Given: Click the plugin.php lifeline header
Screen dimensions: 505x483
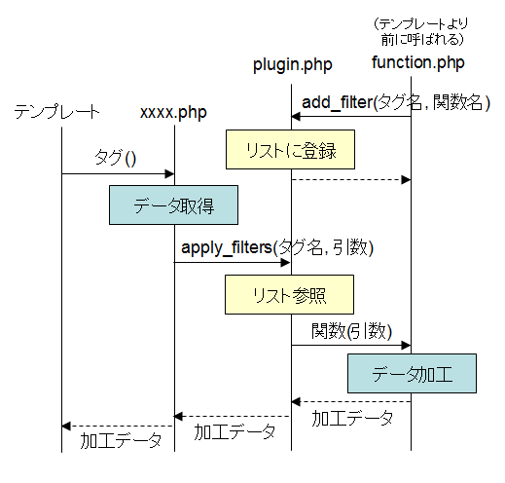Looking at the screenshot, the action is coord(293,65).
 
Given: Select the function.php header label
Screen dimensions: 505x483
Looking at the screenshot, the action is coord(418,62).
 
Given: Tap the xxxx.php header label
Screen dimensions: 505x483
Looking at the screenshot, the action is coord(173,113).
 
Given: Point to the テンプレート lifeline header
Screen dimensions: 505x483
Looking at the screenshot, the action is coord(56,111).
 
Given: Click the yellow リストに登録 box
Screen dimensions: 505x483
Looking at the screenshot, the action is coord(290,150).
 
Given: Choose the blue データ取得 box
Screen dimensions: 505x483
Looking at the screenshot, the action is coord(173,205).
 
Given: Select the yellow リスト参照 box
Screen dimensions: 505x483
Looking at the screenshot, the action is coord(289,295).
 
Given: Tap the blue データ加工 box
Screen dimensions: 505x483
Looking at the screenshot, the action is coord(412,374).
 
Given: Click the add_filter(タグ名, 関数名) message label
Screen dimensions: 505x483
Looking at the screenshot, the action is coord(396,102).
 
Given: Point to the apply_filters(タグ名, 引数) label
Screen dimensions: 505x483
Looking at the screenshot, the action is coord(277,247).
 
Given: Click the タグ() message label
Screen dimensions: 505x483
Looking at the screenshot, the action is coord(115,158).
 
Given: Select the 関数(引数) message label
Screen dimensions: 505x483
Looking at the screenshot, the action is coord(352,331).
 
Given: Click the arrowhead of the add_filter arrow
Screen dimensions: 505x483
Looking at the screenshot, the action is coord(296,117).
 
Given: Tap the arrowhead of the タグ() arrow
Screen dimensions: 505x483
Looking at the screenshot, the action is coord(169,174).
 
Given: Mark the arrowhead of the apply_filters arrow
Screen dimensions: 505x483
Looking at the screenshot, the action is coord(285,262).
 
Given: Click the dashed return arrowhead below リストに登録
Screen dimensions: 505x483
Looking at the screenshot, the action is coord(406,180).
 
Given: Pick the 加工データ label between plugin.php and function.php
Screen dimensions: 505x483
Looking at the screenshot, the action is coord(352,418).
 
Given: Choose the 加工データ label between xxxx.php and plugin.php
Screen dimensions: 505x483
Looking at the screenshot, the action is coord(234,432).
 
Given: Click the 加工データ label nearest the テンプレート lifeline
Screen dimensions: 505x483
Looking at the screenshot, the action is coord(121,441).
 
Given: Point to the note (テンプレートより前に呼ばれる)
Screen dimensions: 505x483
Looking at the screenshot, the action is coord(421,32).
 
